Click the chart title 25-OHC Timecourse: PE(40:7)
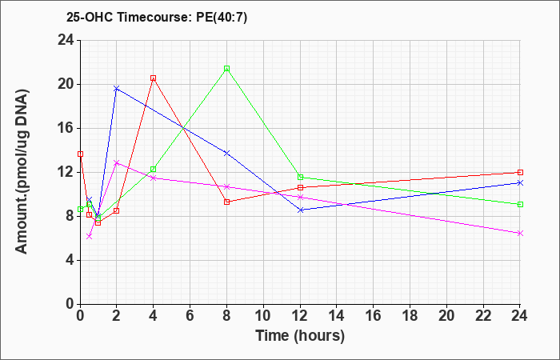(x=157, y=17)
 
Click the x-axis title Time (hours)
(x=300, y=336)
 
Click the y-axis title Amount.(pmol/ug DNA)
(x=22, y=171)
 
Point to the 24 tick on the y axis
(x=66, y=40)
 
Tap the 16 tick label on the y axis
(x=66, y=128)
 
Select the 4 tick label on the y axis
(x=70, y=260)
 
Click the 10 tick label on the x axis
(x=263, y=316)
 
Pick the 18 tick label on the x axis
(x=410, y=316)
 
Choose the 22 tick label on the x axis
(x=483, y=316)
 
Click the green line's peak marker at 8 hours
(x=226, y=69)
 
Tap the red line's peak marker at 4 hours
(x=154, y=78)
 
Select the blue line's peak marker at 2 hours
(x=117, y=88)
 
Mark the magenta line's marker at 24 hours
(x=520, y=234)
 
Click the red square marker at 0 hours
(x=80, y=154)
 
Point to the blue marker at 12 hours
(x=300, y=210)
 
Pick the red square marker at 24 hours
(x=520, y=173)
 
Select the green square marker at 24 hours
(x=520, y=204)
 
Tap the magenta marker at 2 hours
(x=117, y=163)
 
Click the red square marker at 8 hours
(x=226, y=202)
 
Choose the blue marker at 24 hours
(x=520, y=183)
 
